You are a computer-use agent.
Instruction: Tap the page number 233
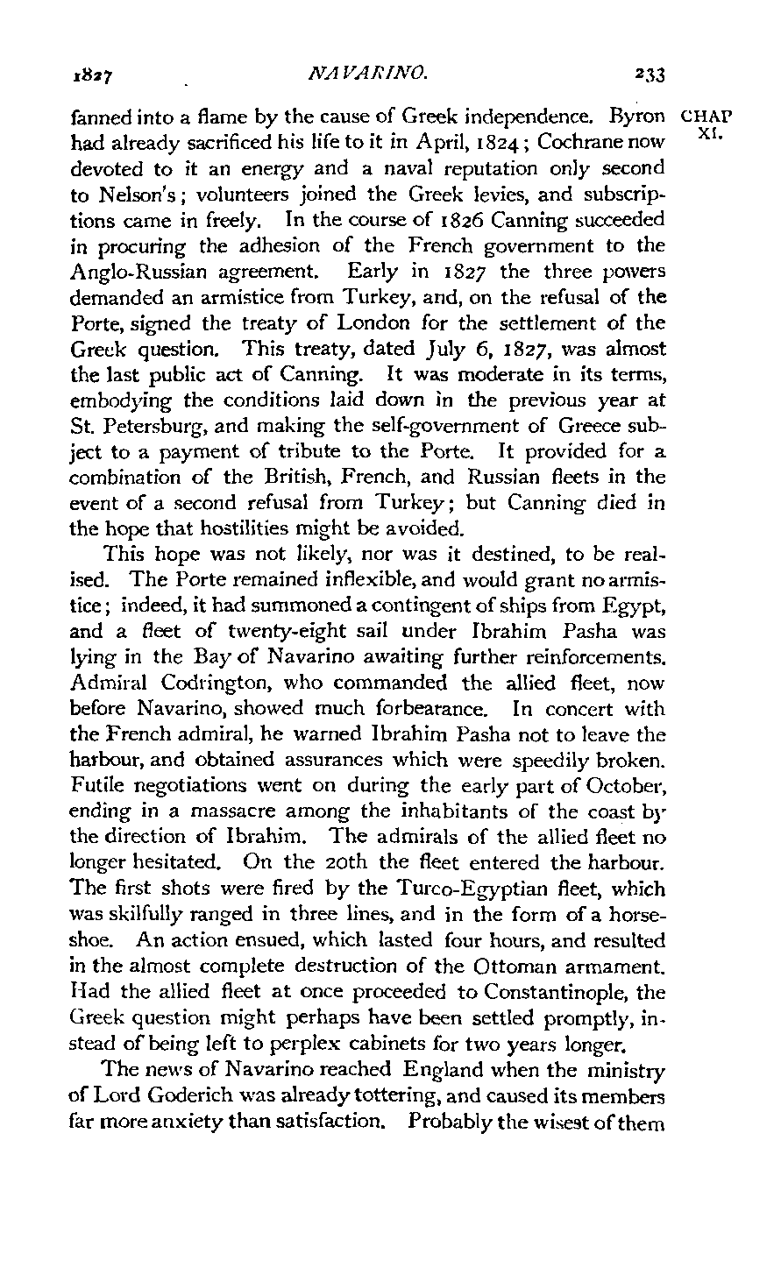(x=648, y=76)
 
